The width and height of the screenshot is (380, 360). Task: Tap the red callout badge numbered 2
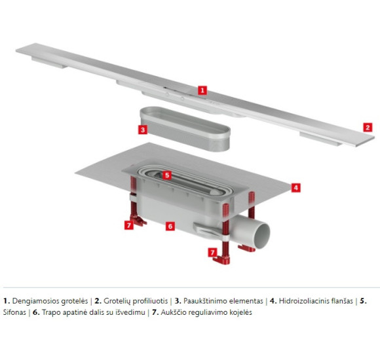[368, 128]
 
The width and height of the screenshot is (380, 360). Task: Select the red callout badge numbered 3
[142, 130]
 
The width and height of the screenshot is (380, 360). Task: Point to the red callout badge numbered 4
[295, 187]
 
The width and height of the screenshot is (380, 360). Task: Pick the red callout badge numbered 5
[167, 175]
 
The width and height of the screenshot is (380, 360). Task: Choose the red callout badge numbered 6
[170, 226]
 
